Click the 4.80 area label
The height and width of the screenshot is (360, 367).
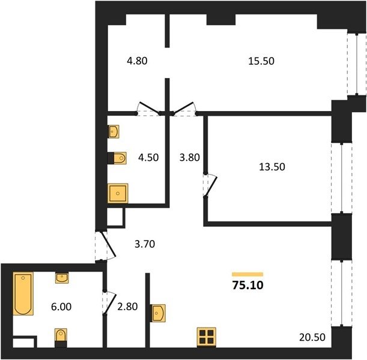(137, 61)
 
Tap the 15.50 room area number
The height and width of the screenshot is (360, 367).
(261, 61)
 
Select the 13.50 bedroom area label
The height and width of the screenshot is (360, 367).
(272, 167)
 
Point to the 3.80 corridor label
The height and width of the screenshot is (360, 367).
(190, 157)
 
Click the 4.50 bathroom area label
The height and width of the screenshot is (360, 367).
(148, 157)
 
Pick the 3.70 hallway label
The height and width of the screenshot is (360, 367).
(145, 244)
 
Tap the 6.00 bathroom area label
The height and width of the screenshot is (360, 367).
(61, 307)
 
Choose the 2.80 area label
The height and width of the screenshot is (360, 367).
(127, 307)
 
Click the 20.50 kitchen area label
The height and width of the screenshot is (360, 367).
(312, 337)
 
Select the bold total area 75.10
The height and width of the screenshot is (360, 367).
(248, 285)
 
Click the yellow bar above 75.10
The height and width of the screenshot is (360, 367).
(247, 274)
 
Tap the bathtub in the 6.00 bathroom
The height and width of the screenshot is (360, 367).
(23, 293)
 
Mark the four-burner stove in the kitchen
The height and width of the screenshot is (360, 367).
(206, 337)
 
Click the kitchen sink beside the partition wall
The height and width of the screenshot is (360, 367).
(158, 313)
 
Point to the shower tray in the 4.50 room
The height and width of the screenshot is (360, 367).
(118, 193)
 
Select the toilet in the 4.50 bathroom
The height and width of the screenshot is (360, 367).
(117, 158)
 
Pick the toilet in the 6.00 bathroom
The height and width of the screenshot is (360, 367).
(61, 338)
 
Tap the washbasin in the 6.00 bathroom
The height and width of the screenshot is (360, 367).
(62, 278)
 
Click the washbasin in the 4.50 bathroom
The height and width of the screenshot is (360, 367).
(114, 131)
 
